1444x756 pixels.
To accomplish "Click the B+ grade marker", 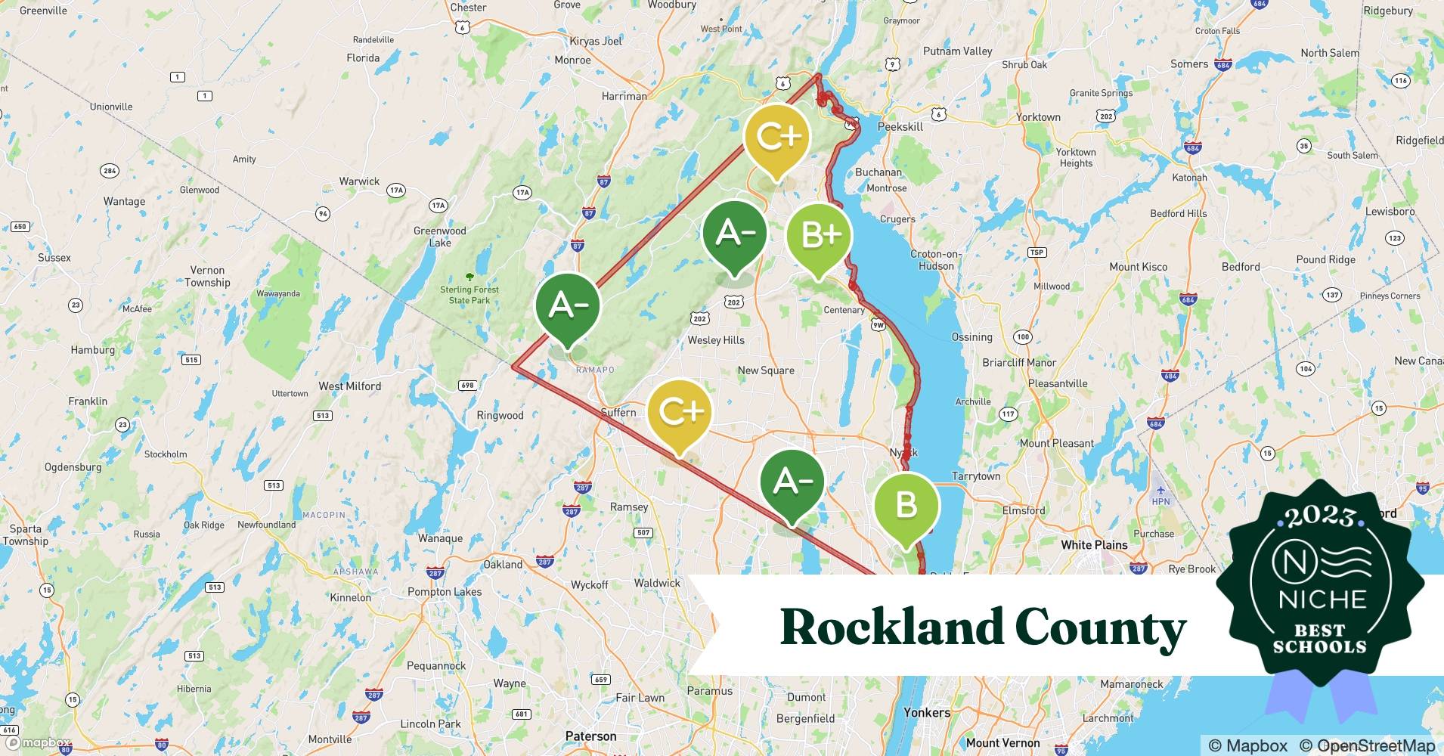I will tap(819, 236).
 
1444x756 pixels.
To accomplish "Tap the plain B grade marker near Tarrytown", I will tap(906, 505).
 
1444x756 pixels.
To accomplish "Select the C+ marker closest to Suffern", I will tap(680, 412).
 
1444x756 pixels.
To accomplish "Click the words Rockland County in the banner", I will tap(982, 627).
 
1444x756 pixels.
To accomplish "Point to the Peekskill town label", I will tap(900, 127).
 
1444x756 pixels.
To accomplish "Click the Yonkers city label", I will tap(926, 712).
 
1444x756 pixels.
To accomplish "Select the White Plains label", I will tap(1093, 544).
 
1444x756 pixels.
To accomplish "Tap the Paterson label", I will tap(590, 736).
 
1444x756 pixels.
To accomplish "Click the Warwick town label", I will tap(359, 181).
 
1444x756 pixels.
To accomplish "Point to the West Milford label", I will tap(349, 386).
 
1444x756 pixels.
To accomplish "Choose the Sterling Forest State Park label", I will tap(469, 295).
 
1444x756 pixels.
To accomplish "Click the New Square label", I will tap(765, 370).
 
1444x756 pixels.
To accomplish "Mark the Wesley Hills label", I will tap(715, 340).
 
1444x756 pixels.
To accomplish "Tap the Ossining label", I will tap(971, 337).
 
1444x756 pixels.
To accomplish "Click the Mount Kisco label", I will tap(1138, 267).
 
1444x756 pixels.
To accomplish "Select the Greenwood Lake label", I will tap(439, 237).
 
